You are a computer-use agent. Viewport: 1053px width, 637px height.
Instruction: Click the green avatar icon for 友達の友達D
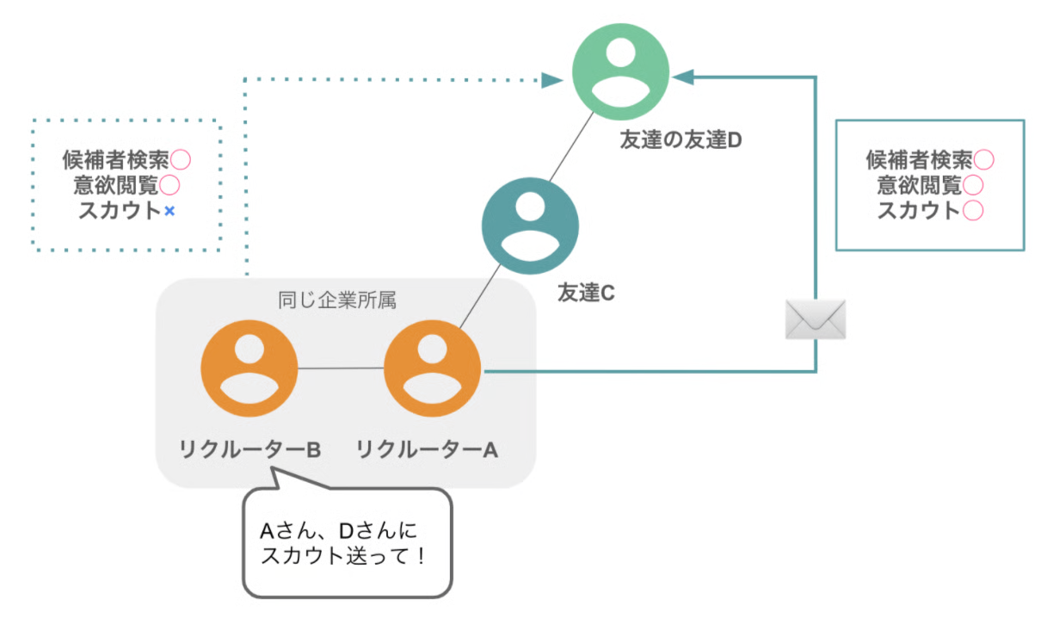pos(620,72)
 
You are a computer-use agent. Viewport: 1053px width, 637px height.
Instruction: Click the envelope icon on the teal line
pos(816,318)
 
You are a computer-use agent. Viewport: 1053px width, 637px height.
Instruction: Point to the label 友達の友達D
pos(680,139)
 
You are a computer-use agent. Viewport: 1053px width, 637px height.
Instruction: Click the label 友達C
pos(586,293)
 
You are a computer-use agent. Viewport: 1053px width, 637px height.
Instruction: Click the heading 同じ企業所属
pos(337,300)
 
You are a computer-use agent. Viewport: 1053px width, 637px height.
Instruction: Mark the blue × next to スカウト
pos(169,211)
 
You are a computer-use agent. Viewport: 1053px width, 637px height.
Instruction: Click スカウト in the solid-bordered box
pos(918,210)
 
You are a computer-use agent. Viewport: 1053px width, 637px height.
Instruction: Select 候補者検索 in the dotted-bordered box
pos(115,159)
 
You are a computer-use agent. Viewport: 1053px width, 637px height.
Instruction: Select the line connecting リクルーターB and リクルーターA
pos(341,368)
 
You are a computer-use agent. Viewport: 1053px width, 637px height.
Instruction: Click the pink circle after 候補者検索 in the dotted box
pos(180,159)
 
